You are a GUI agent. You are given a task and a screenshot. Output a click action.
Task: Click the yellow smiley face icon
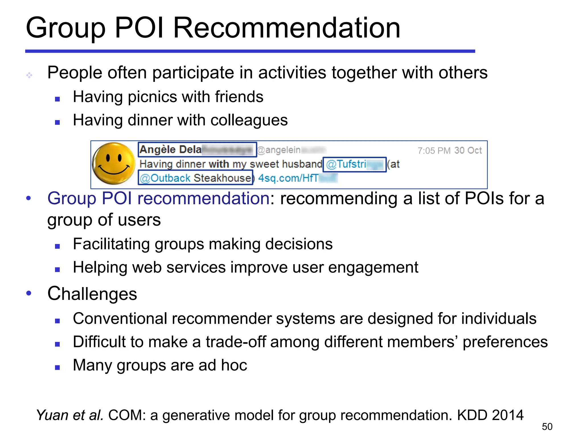(x=114, y=163)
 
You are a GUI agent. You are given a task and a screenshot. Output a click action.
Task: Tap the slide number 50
(x=547, y=426)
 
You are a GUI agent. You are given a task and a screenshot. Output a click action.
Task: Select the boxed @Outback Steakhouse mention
(x=196, y=178)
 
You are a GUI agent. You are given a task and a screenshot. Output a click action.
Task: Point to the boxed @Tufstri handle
(x=354, y=164)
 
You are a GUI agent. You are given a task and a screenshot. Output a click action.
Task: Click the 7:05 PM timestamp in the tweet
(x=434, y=151)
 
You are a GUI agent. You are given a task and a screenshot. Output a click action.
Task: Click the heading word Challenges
(x=92, y=294)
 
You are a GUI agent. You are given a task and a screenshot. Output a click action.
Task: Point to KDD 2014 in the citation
(x=490, y=415)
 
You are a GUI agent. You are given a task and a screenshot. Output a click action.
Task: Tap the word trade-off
(x=235, y=342)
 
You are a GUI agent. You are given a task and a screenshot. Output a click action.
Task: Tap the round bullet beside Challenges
(x=28, y=293)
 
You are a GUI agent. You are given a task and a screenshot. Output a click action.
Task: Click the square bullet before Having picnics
(x=58, y=99)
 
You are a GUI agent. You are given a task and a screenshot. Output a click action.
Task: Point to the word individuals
(x=499, y=318)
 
